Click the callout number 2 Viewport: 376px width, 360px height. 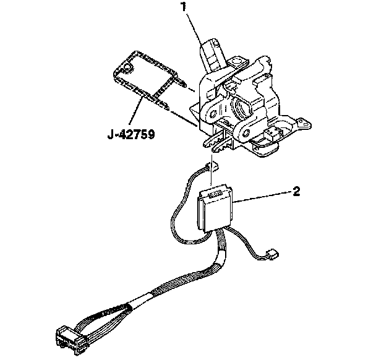[297, 191]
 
